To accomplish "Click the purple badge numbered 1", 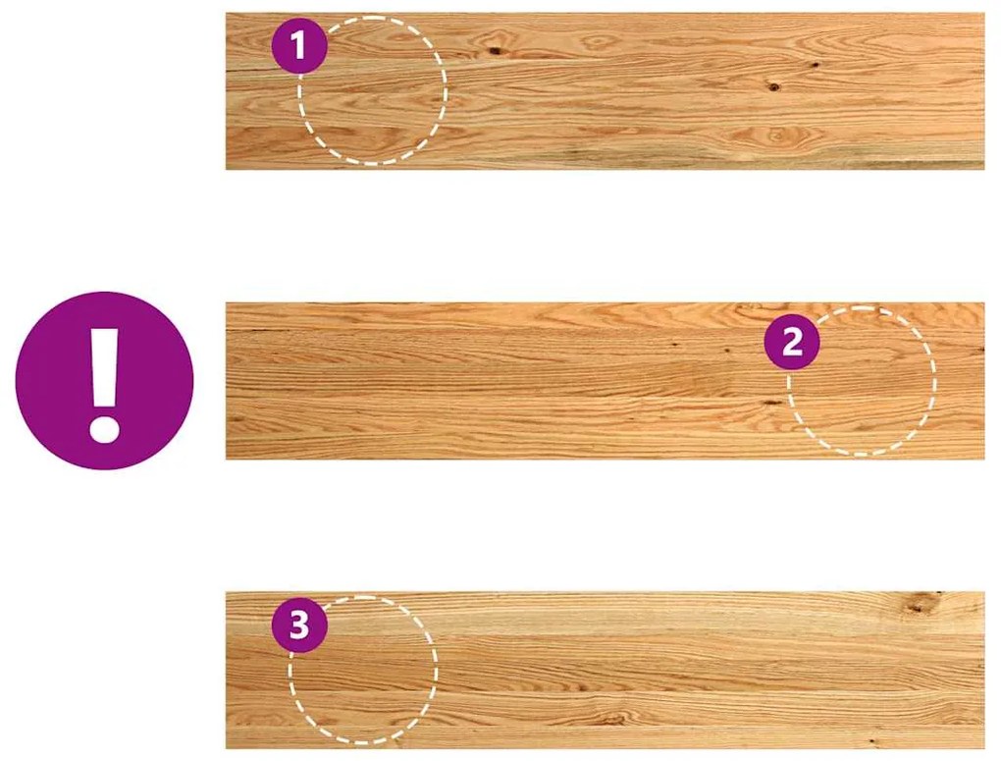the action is pyautogui.click(x=298, y=47).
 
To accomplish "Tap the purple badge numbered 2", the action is pyautogui.click(x=792, y=343).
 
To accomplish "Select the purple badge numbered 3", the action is pyautogui.click(x=298, y=625).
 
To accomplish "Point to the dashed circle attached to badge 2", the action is pyautogui.click(x=862, y=381).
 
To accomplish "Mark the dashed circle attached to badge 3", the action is pyautogui.click(x=363, y=671).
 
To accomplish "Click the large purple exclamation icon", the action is pyautogui.click(x=104, y=381).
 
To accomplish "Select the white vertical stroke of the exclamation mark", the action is pyautogui.click(x=104, y=367).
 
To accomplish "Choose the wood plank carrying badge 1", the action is pyautogui.click(x=606, y=91).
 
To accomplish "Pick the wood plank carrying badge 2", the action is pyautogui.click(x=606, y=381).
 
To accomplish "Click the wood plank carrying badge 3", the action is pyautogui.click(x=606, y=671).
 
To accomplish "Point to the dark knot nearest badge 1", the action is pyautogui.click(x=494, y=50).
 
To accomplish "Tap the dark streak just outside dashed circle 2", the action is pyautogui.click(x=772, y=403).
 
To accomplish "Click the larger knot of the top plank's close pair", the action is pyautogui.click(x=773, y=86).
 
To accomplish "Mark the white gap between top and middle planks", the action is pyautogui.click(x=606, y=237).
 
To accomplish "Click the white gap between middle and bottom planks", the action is pyautogui.click(x=606, y=526).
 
